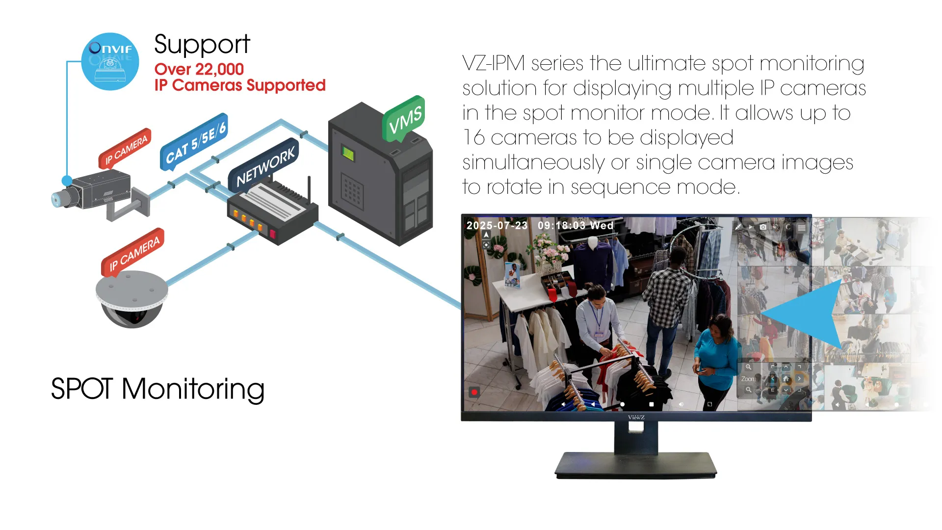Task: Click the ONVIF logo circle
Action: pyautogui.click(x=110, y=61)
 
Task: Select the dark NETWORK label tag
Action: pyautogui.click(x=265, y=166)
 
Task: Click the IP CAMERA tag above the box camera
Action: pyautogui.click(x=126, y=149)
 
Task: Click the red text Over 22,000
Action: pyautogui.click(x=199, y=69)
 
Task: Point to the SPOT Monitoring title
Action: pyautogui.click(x=157, y=389)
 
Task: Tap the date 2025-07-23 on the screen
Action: pyautogui.click(x=497, y=226)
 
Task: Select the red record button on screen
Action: pyautogui.click(x=474, y=392)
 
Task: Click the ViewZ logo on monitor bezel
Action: pyautogui.click(x=636, y=417)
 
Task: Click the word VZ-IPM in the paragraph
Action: pyautogui.click(x=494, y=64)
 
